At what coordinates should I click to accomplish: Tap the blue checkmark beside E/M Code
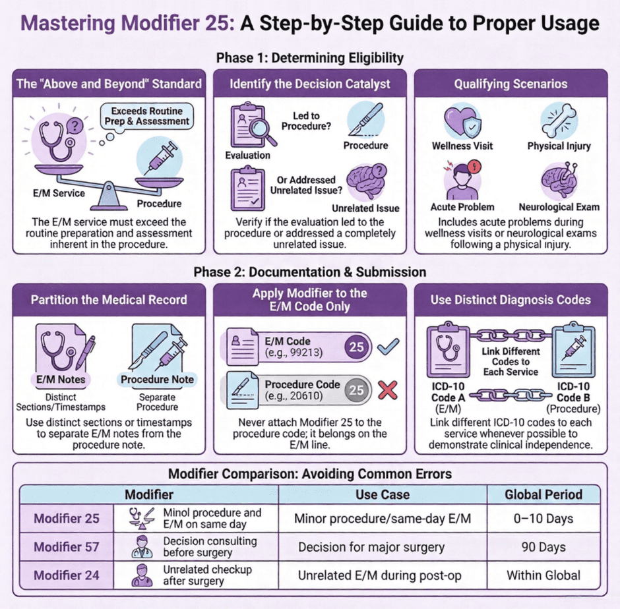[388, 346]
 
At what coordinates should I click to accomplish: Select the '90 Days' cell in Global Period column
[543, 547]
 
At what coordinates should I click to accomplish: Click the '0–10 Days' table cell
[543, 519]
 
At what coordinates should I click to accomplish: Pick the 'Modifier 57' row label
[66, 547]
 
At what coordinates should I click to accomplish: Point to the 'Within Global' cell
[543, 575]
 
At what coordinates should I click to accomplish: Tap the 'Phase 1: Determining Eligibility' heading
[309, 58]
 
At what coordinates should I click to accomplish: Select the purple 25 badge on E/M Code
[356, 346]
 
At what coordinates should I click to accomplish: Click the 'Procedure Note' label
[157, 379]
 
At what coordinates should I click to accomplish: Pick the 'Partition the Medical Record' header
[109, 299]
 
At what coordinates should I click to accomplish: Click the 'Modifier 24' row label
[66, 575]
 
